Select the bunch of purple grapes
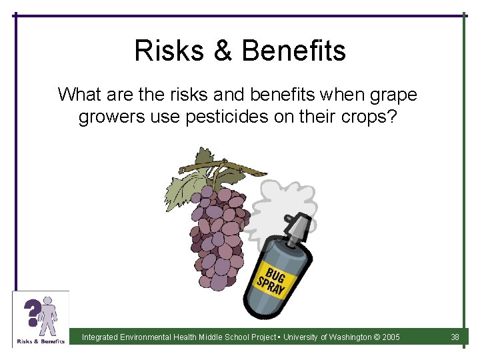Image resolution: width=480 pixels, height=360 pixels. coord(217,233)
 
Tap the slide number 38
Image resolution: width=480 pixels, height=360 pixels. coord(455,337)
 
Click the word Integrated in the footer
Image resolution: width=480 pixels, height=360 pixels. coord(101,337)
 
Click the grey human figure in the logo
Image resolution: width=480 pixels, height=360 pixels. coord(48,316)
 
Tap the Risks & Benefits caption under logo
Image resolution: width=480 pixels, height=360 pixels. coord(40,341)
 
